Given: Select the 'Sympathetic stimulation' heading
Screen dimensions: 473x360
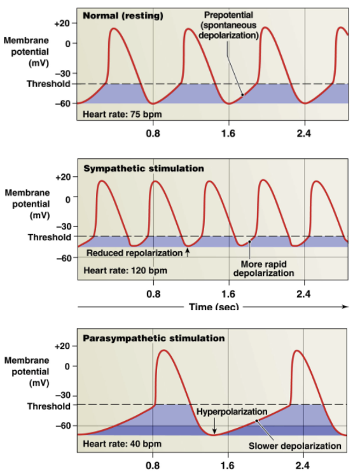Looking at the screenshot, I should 144,168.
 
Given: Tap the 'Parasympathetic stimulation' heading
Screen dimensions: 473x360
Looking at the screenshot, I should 154,338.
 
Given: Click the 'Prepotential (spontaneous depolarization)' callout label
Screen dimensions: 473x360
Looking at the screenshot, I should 228,25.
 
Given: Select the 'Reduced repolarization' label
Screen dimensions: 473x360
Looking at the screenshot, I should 134,253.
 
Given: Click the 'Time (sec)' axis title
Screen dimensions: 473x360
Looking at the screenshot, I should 214,307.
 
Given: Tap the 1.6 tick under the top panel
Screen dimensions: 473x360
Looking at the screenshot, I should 228,134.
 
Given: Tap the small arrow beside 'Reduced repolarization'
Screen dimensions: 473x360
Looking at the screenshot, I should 188,252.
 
